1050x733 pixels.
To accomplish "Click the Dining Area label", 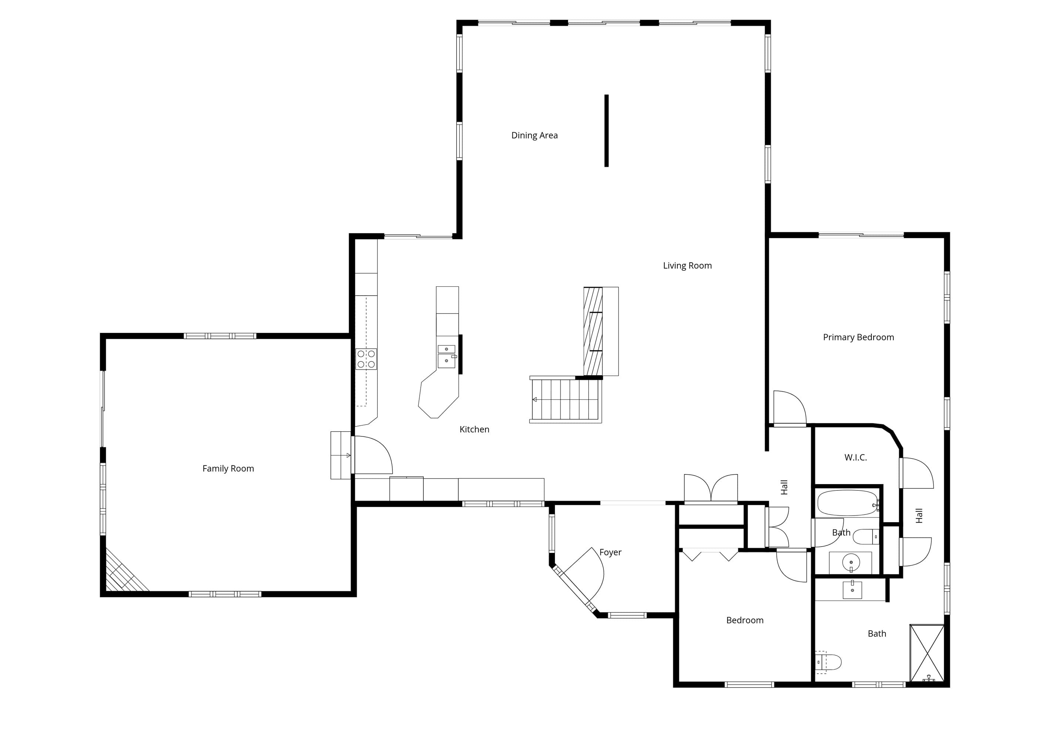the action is (534, 135).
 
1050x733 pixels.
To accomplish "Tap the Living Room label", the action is (687, 266).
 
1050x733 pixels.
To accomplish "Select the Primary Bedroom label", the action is (858, 337).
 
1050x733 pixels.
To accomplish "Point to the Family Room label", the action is (228, 469).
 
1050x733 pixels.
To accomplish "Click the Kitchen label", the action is (474, 429).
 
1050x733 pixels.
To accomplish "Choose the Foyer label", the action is (610, 552).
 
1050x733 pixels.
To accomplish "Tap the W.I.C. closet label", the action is (855, 457).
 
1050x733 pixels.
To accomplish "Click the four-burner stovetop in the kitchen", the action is (366, 359).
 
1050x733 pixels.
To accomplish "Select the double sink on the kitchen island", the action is (447, 356).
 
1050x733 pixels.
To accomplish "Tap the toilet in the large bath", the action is (828, 662).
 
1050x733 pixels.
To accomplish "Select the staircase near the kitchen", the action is (566, 399).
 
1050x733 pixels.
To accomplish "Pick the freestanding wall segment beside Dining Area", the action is (606, 131).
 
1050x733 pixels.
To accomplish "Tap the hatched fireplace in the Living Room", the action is (593, 331).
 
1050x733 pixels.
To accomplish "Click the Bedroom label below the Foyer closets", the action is (745, 621).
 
